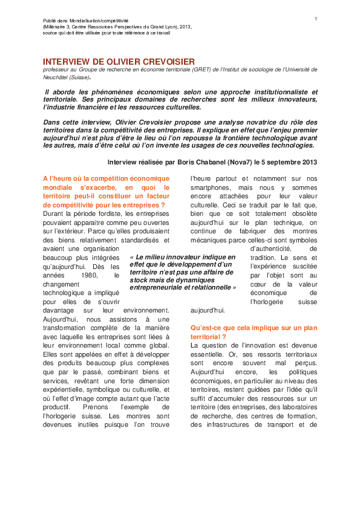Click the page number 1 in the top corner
(316, 19)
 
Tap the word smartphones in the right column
(211, 188)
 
